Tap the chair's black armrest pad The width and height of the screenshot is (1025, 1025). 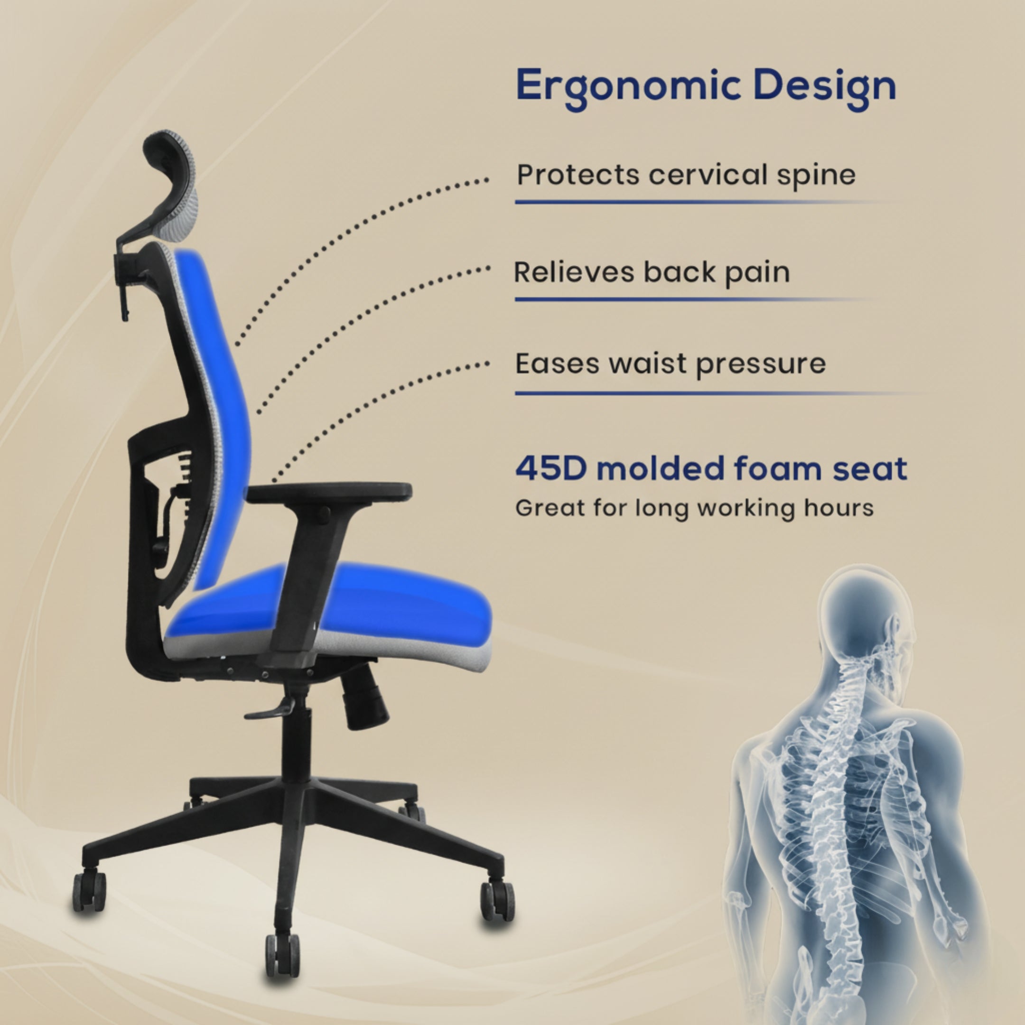click(x=329, y=491)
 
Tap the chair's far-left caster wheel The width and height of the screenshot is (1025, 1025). click(x=89, y=891)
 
